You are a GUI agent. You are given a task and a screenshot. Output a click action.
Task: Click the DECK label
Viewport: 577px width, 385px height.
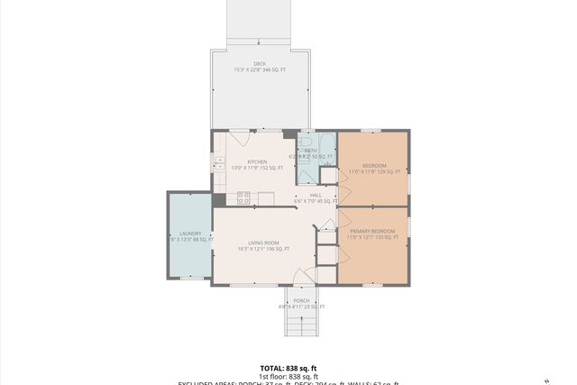260,63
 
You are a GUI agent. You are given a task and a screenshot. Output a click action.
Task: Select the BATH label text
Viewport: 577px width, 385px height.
310,151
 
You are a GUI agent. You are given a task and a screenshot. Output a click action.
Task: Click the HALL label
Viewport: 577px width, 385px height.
316,195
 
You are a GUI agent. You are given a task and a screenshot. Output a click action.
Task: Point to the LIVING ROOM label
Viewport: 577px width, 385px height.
264,243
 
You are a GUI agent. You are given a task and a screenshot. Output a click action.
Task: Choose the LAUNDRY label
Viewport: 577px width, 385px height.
189,234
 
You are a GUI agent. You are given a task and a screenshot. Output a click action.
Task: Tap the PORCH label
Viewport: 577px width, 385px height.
301,300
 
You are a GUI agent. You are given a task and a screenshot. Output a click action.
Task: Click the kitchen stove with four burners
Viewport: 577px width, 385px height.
243,198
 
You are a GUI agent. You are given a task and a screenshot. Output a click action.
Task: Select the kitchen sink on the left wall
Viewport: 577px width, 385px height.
218,163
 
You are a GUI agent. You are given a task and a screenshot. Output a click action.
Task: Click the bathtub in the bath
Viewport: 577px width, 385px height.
327,150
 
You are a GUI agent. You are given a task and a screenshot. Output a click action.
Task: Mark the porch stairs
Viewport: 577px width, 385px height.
301,323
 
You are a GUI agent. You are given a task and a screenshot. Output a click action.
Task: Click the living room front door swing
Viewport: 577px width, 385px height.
309,275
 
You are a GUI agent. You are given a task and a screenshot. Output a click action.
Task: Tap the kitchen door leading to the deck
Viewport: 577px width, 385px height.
239,139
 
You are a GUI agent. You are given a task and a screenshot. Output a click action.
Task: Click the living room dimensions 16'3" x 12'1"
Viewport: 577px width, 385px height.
264,249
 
